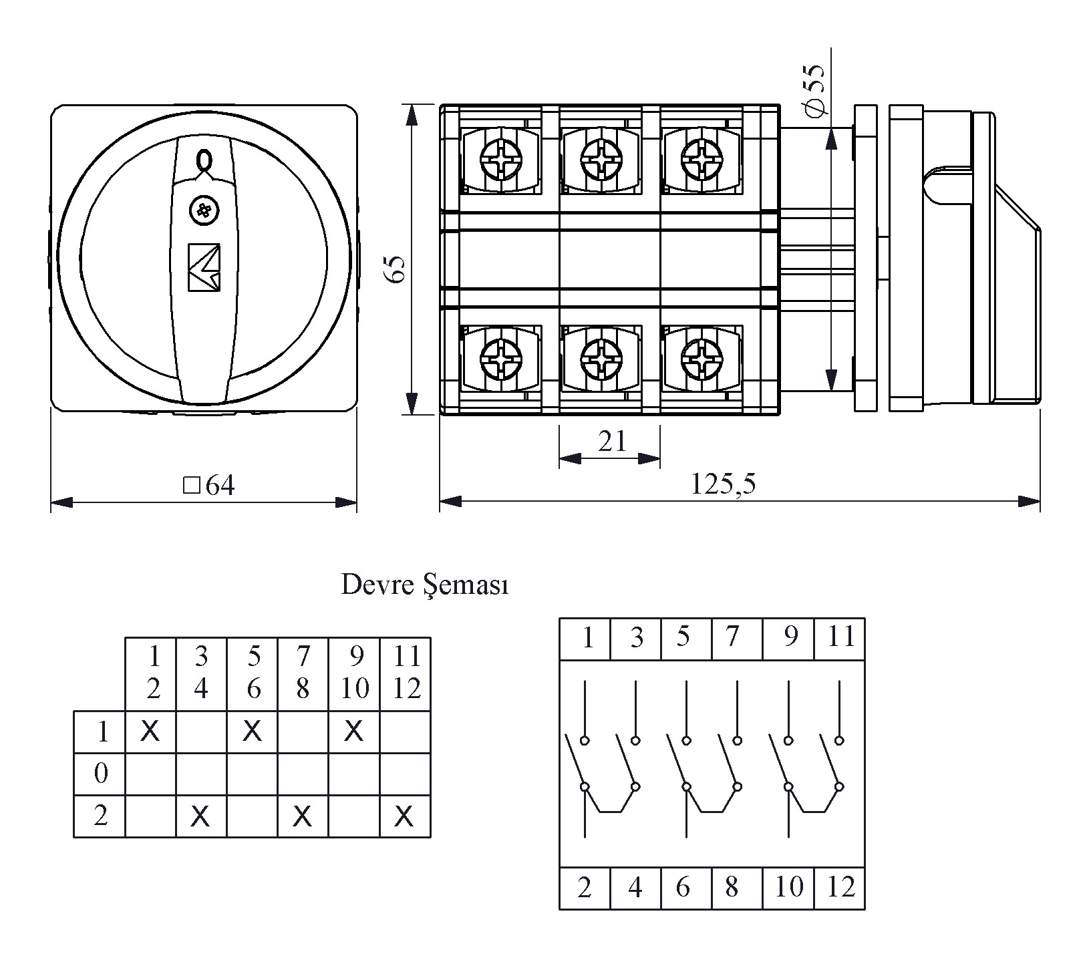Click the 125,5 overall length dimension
723,484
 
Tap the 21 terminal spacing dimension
611,442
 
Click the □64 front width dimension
210,486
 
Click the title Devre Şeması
425,585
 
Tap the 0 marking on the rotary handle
204,160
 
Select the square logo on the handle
204,267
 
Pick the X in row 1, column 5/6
252,732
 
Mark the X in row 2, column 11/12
404,816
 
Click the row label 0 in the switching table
101,774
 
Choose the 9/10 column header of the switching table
355,673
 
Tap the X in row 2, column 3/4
200,816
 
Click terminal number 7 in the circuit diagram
733,637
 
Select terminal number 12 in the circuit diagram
840,887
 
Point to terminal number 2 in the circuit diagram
585,887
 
